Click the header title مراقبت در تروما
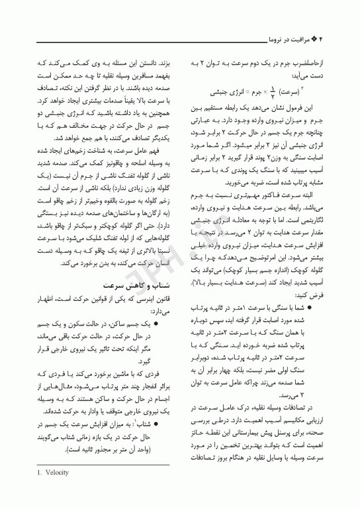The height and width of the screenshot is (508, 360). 292,40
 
